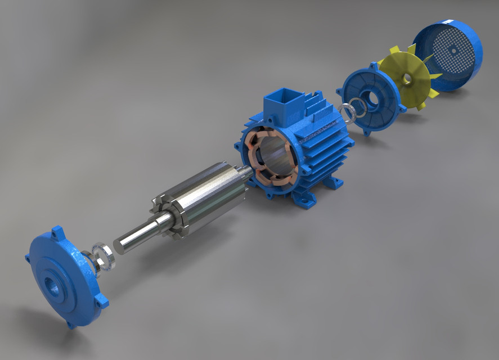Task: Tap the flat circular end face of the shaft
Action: (x=121, y=243)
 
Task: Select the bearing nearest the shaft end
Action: (x=105, y=256)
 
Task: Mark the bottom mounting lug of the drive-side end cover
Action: (x=70, y=323)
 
